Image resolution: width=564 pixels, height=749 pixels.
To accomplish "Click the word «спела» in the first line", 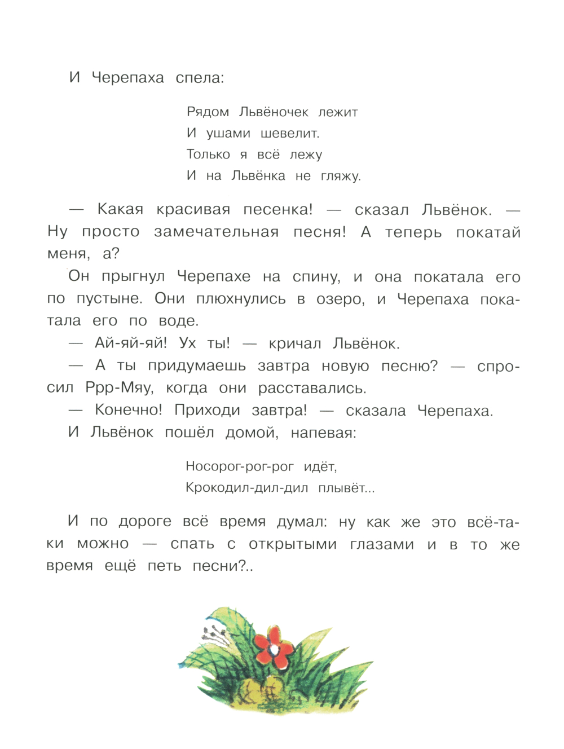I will (x=200, y=78).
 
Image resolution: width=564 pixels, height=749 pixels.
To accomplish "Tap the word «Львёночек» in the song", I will (x=274, y=112).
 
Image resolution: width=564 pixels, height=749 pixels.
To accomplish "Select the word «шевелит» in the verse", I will (x=289, y=134).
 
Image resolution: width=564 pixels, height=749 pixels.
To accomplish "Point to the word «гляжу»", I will (x=340, y=177).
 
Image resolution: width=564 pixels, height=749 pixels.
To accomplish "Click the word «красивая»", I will (x=193, y=210).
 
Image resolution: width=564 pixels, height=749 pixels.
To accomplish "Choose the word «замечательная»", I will (x=216, y=232).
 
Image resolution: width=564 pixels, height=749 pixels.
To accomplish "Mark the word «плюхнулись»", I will (x=241, y=299).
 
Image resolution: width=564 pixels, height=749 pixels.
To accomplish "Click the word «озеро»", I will (x=340, y=299).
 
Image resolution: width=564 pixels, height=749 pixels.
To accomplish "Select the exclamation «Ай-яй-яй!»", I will (x=131, y=343).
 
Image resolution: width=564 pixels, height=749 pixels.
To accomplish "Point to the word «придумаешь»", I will (x=197, y=366).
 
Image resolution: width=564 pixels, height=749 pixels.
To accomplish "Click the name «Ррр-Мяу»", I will (x=119, y=388).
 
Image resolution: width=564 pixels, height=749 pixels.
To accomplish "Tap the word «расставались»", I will (x=312, y=388).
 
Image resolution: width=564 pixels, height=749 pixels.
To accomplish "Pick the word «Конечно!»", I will (x=129, y=410).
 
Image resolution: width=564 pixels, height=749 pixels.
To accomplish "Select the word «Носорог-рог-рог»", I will (x=240, y=466).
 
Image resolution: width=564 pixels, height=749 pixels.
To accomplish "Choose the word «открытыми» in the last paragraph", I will (x=293, y=544).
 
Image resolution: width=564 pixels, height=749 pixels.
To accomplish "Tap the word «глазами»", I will (x=382, y=544).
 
